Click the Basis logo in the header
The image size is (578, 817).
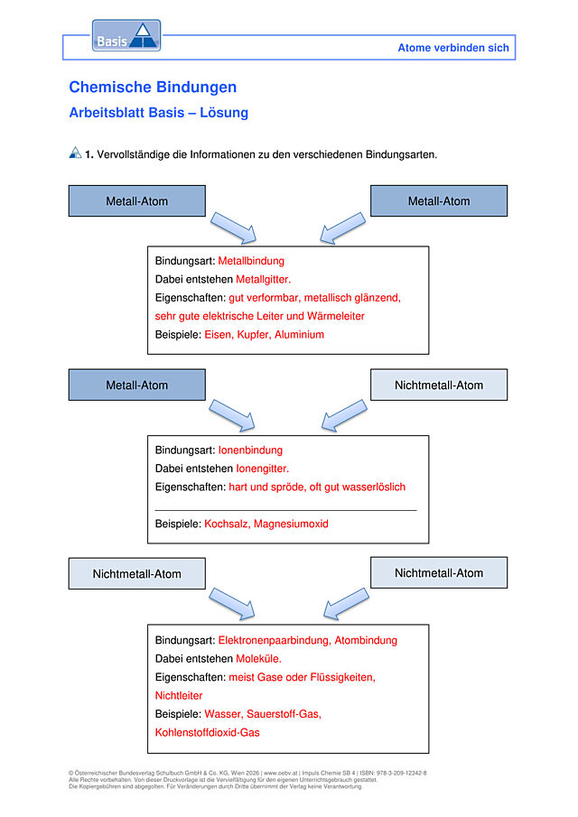(126, 36)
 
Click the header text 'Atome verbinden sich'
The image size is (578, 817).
(452, 48)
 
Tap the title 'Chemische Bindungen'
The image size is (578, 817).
(153, 87)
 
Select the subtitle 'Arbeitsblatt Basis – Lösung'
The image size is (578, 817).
(158, 113)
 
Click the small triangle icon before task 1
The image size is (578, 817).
(76, 153)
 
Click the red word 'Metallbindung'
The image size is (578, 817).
(251, 261)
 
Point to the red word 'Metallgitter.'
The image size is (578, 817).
(263, 279)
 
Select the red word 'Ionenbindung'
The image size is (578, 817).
(250, 450)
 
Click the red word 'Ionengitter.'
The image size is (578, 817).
(262, 469)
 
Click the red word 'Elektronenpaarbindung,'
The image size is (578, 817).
(275, 640)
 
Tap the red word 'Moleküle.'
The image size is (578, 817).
(258, 659)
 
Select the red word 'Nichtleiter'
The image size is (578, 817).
(178, 696)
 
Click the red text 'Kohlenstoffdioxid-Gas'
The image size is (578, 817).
(207, 732)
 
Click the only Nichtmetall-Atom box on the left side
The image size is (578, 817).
(137, 573)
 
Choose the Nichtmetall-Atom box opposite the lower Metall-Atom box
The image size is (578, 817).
(439, 385)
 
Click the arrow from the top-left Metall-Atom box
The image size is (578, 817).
(234, 227)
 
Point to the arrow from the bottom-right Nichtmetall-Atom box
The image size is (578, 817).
(347, 603)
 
